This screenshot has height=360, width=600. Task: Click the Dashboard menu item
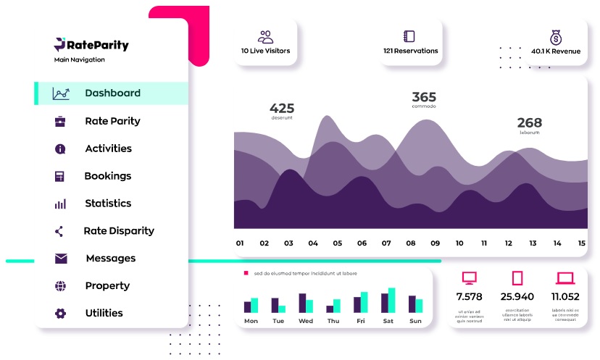[112, 93]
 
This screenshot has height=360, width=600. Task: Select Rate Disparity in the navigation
[119, 230]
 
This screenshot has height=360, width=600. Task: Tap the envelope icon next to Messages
[61, 258]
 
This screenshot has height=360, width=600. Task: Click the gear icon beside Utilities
[60, 313]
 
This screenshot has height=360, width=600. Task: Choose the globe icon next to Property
[60, 285]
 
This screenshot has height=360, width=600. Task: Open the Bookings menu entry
[107, 175]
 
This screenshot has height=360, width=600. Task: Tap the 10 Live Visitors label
[265, 51]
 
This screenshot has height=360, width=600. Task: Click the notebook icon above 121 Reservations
[409, 36]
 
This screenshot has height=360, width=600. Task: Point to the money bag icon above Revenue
[556, 37]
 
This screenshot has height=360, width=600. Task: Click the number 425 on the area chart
[282, 109]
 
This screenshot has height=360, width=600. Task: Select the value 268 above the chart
[529, 123]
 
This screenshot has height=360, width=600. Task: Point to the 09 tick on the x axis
[435, 243]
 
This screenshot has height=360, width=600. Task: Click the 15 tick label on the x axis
[581, 243]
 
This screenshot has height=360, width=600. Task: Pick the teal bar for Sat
[392, 300]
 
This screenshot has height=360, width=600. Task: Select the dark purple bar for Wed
[302, 303]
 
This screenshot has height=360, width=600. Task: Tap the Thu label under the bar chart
[333, 321]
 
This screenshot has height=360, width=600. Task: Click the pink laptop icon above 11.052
[564, 278]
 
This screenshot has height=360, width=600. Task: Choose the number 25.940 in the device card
[517, 296]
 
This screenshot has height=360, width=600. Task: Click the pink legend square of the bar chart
[246, 273]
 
